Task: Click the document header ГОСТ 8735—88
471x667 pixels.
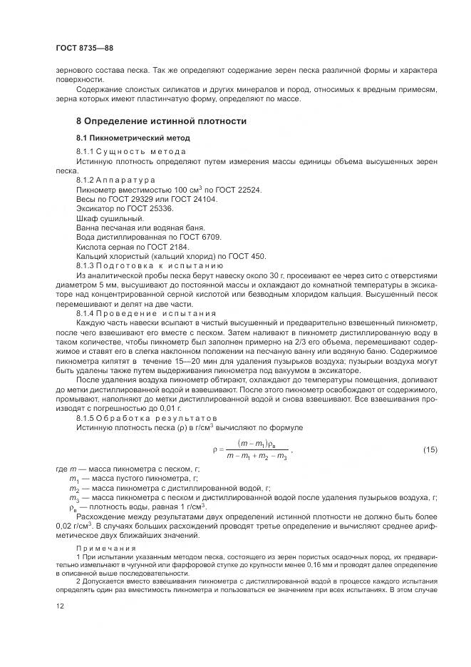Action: click(84, 48)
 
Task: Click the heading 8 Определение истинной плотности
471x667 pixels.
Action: click(162, 121)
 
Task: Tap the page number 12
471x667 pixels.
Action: click(60, 606)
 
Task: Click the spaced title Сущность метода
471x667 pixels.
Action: click(135, 153)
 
